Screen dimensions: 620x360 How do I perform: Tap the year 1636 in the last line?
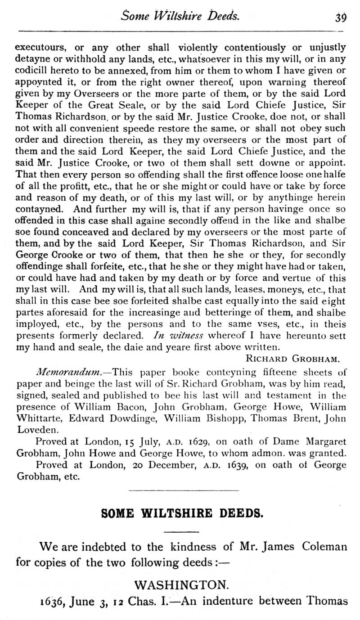28,601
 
